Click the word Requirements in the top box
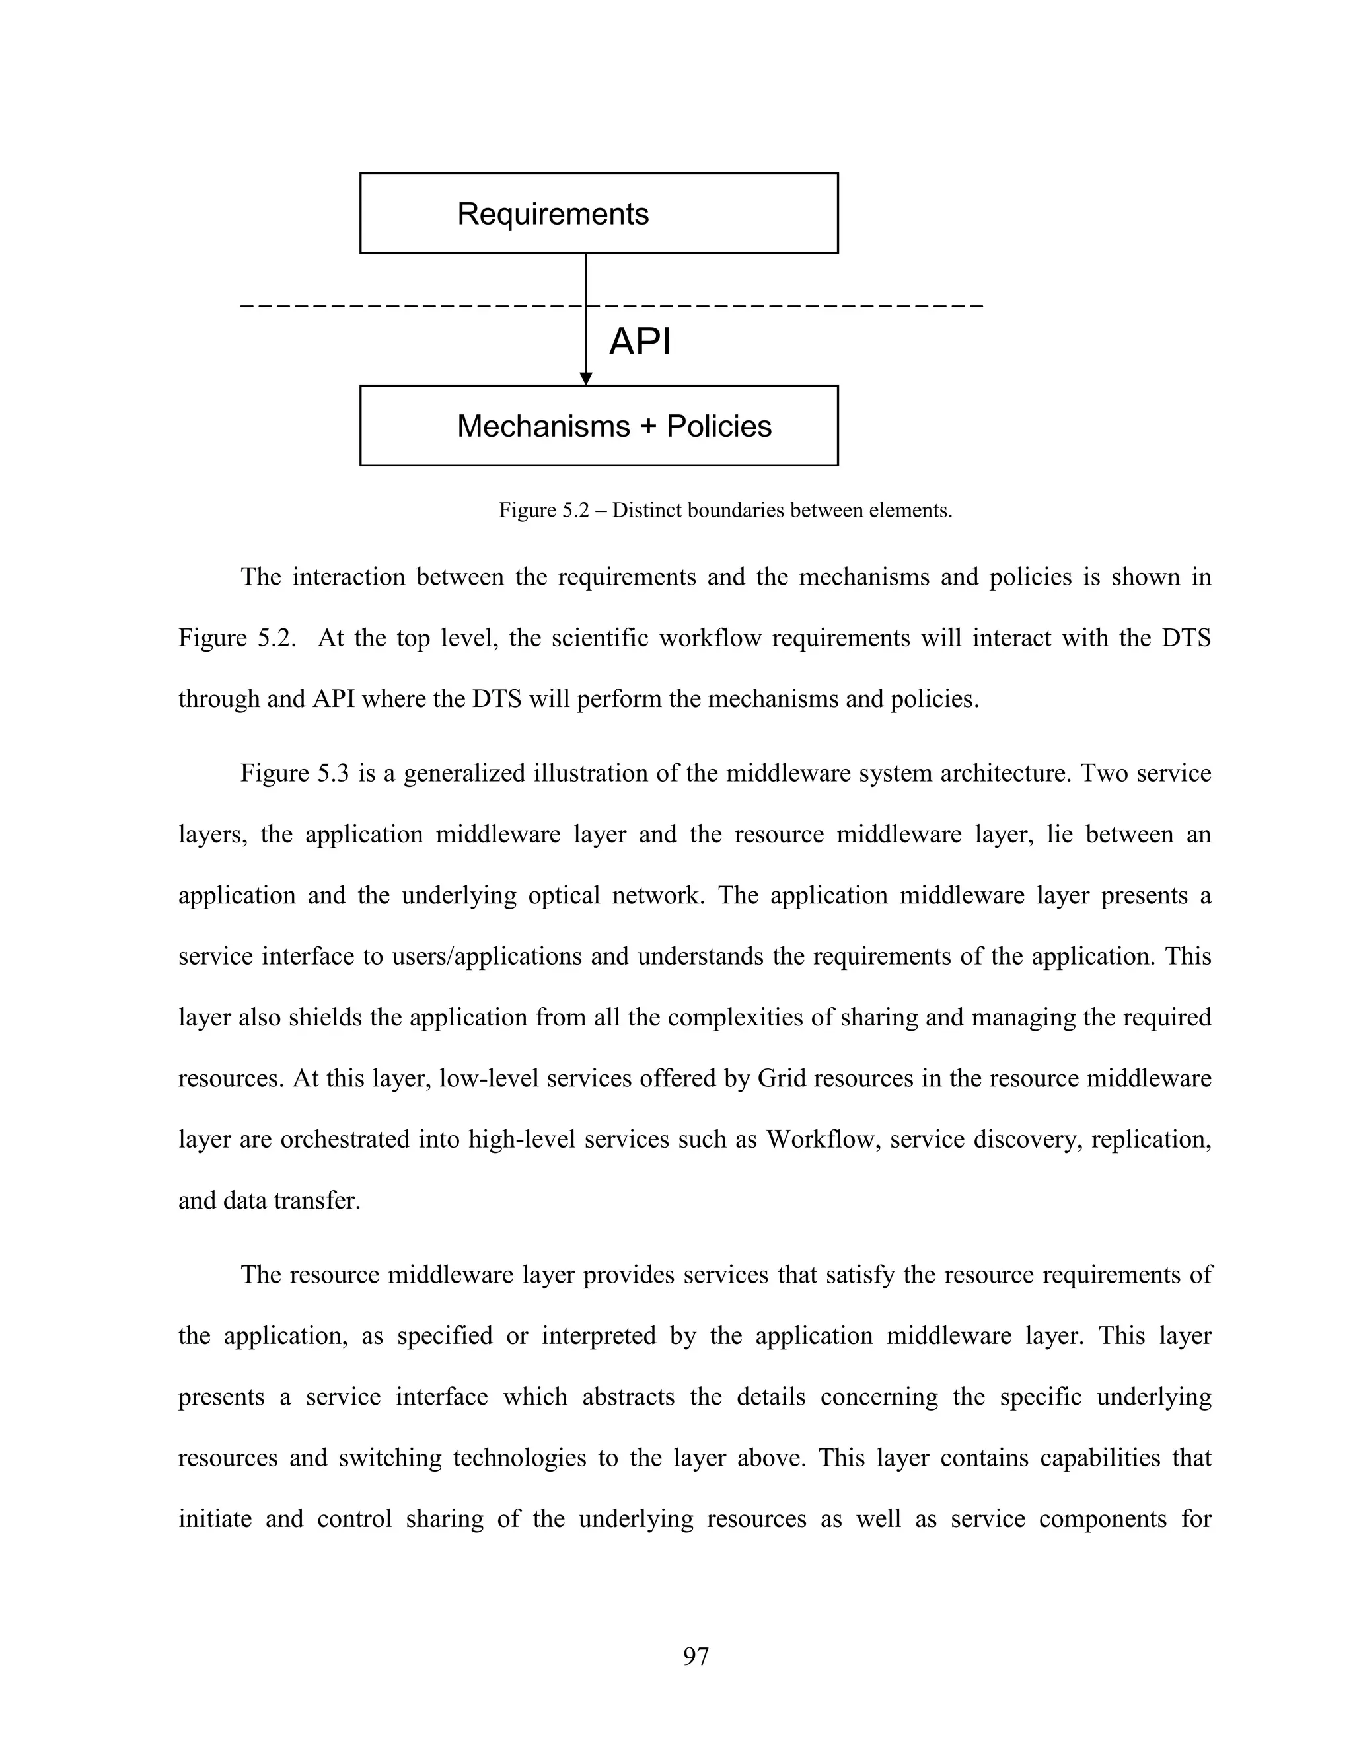point(552,214)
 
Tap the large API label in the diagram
point(640,342)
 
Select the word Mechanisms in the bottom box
point(544,427)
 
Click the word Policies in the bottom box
point(718,427)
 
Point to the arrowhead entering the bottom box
point(586,379)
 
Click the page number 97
point(696,1656)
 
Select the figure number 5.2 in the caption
point(576,511)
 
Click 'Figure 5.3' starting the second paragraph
point(294,774)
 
